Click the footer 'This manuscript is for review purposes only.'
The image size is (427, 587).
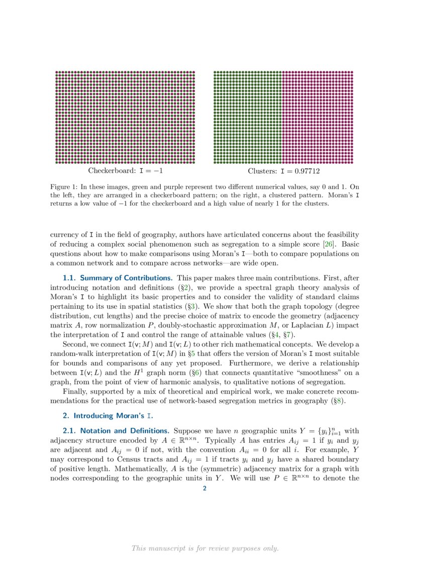[x=205, y=548]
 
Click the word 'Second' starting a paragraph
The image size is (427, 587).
[x=74, y=344]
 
